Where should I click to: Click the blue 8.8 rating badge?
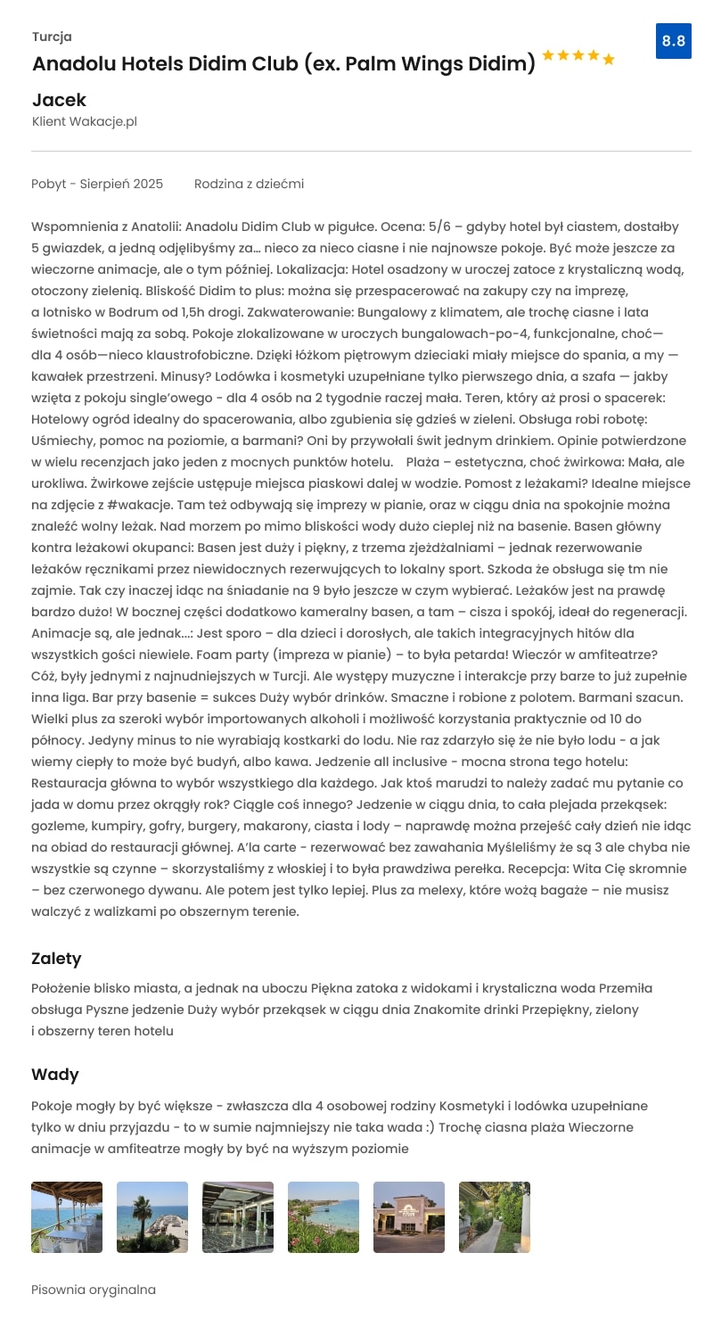tap(674, 41)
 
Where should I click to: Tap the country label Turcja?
tap(52, 37)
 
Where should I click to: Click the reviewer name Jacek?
tap(59, 100)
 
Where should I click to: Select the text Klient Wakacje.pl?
tap(85, 121)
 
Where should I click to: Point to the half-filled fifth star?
tap(609, 60)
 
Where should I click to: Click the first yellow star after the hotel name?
tap(548, 56)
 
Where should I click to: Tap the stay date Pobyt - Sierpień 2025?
tap(97, 184)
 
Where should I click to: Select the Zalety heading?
tap(56, 959)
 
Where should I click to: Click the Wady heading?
tap(55, 1075)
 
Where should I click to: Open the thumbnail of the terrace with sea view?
tap(67, 1217)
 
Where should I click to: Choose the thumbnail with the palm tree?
tap(152, 1217)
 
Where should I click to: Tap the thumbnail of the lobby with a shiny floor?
tap(238, 1217)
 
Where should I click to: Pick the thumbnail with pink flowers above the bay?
tap(324, 1217)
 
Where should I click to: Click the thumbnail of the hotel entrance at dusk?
tap(409, 1217)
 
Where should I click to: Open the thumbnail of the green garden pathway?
tap(495, 1217)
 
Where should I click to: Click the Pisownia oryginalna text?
tap(94, 1290)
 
